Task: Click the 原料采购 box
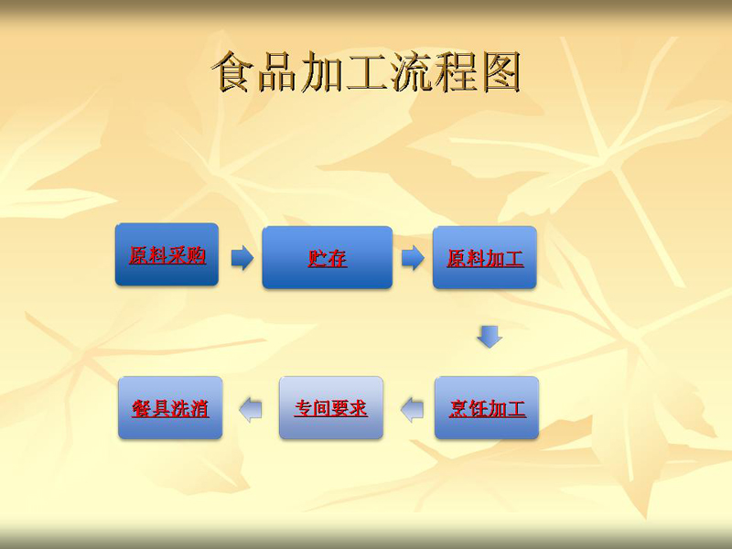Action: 167,254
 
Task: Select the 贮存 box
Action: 328,257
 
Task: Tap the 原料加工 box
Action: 485,257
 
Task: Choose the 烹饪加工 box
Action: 487,407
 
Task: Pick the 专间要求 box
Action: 331,407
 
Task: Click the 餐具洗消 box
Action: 170,407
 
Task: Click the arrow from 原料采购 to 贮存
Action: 242,258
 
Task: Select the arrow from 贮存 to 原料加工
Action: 413,258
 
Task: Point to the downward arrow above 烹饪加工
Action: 490,337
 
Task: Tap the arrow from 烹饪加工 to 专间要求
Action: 412,410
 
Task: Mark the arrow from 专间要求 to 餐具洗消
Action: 250,410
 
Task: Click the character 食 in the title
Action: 232,72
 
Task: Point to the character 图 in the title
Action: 501,72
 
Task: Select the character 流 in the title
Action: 412,72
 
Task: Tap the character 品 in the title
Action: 277,72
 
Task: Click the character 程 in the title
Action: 457,72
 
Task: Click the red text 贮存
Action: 328,258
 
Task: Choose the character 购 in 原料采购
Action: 196,255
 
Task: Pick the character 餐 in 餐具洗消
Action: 142,408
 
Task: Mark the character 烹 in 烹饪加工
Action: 458,408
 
